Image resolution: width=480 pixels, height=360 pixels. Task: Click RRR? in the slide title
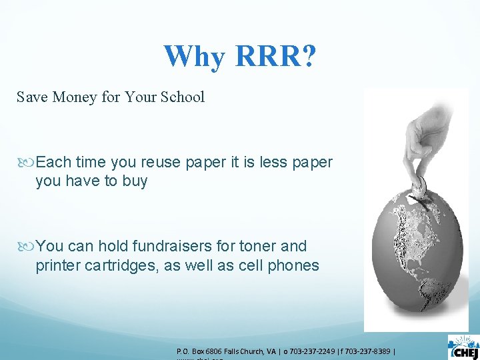275,57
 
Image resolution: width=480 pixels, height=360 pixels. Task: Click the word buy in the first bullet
135,181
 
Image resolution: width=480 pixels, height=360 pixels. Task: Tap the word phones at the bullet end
293,265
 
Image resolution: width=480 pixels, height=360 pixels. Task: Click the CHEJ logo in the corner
463,347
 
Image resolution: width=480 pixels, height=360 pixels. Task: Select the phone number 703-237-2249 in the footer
315,351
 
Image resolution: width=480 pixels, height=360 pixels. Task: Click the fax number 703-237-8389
371,351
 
